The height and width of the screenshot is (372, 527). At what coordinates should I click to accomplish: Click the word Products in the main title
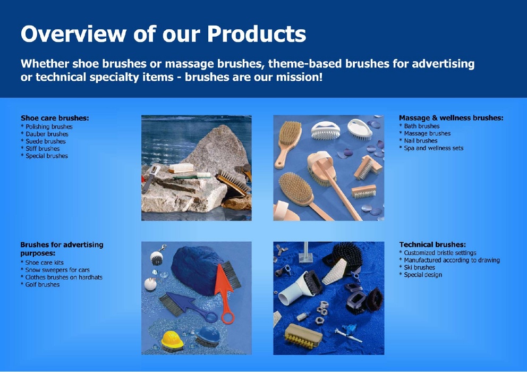pyautogui.click(x=257, y=34)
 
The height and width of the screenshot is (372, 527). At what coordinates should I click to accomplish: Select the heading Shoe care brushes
pyautogui.click(x=55, y=118)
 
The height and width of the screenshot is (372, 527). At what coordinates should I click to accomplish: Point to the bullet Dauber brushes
pyautogui.click(x=45, y=134)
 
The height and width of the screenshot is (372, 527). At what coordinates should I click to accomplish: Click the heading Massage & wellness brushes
pyautogui.click(x=451, y=118)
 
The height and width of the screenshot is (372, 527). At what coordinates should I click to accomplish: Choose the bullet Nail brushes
pyautogui.click(x=419, y=141)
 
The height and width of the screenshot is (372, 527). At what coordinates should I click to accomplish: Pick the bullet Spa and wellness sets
pyautogui.click(x=431, y=148)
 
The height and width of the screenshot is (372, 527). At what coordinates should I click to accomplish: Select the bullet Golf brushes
pyautogui.click(x=40, y=284)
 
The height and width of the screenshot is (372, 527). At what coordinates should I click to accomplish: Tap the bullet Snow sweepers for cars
pyautogui.click(x=55, y=270)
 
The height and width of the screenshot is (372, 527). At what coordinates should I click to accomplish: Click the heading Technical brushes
pyautogui.click(x=432, y=244)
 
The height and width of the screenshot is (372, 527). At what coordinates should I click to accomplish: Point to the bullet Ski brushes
pyautogui.click(x=417, y=267)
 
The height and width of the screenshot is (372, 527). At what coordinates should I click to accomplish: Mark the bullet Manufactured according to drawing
pyautogui.click(x=449, y=260)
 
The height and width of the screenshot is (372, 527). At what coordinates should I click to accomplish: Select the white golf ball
pyautogui.click(x=150, y=284)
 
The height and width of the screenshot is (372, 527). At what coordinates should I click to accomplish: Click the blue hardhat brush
pyautogui.click(x=207, y=336)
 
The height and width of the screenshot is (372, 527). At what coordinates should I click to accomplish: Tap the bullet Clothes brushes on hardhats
pyautogui.click(x=62, y=277)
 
